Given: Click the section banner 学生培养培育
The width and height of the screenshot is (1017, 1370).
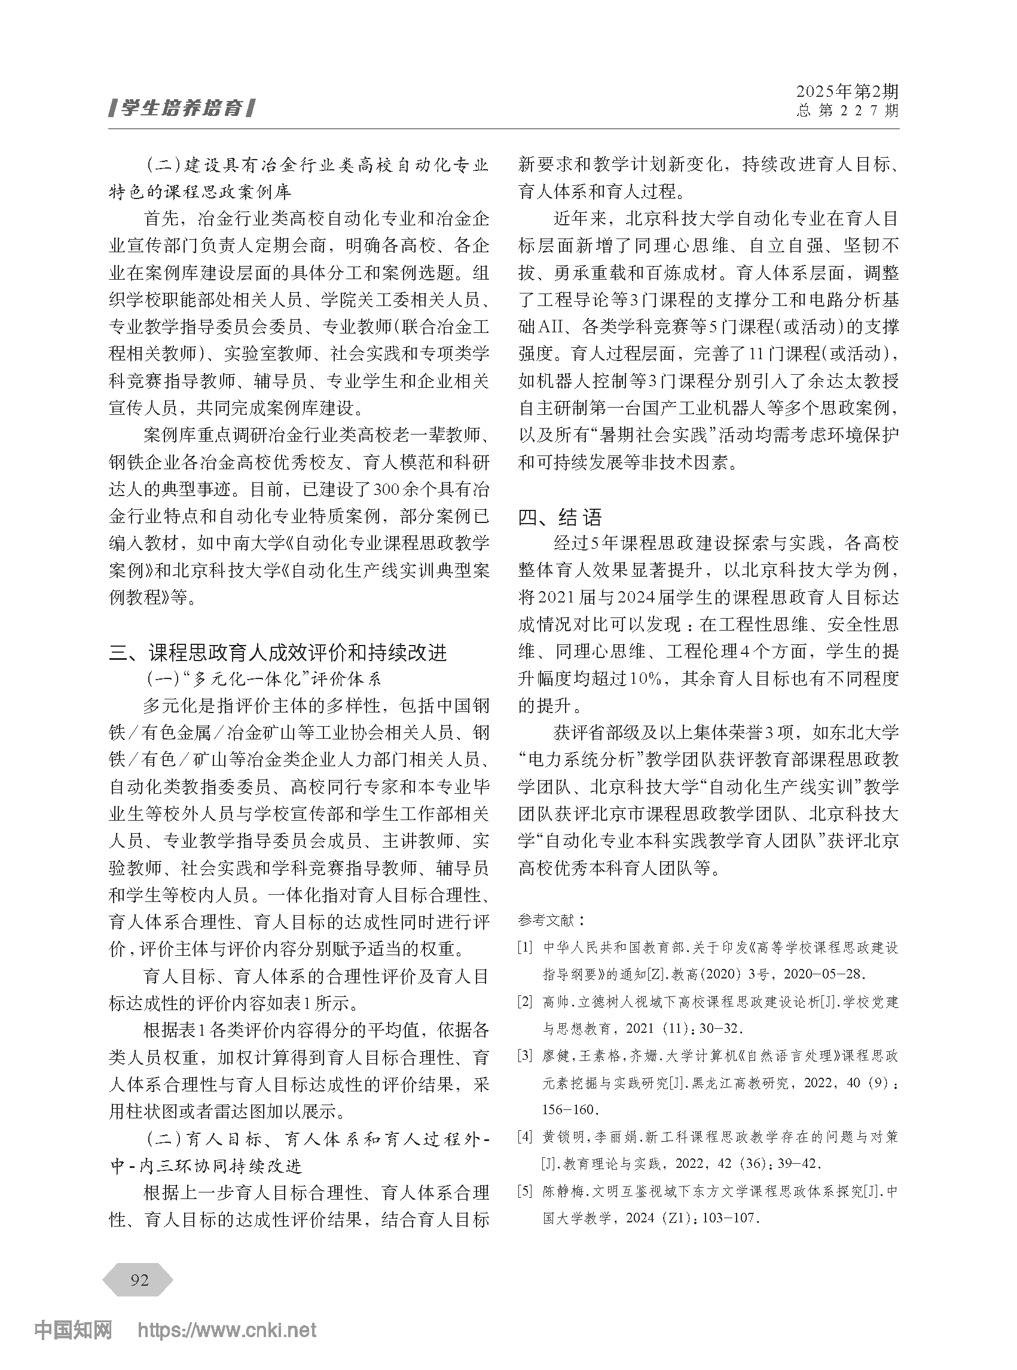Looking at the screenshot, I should pos(181,109).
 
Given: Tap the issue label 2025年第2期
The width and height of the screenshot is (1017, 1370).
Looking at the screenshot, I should pos(847,91).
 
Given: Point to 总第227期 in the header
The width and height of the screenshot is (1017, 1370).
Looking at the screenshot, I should pos(847,111).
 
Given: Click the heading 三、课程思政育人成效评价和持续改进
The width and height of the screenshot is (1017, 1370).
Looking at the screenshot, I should pos(278,652).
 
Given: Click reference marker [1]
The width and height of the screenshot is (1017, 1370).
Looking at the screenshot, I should pos(525,947).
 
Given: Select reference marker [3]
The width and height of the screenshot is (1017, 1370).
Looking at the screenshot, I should pos(525,1056).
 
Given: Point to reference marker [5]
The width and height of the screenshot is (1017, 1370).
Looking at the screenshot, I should pos(525,1191).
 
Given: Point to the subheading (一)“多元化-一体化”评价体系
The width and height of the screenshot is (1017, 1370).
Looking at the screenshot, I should pos(264,679).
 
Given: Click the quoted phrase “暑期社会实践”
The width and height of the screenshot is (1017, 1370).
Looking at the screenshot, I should pos(658,435).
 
